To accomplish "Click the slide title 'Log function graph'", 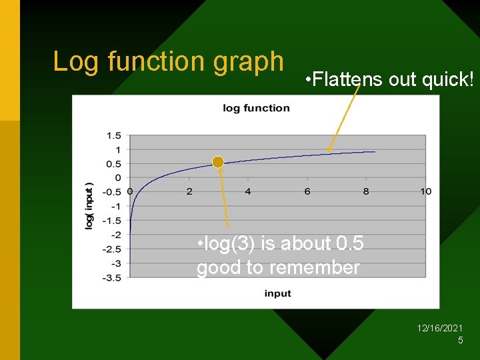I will [168, 61].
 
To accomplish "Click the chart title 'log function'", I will [256, 108].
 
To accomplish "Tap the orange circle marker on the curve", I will [218, 162].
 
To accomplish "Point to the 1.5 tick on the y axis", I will [114, 135].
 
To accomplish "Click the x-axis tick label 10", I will [426, 191].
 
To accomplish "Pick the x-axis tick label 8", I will [366, 191].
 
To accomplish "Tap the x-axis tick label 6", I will [307, 191].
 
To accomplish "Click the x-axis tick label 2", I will [189, 191].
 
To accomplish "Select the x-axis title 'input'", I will [277, 293].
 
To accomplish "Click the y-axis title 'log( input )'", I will [89, 206].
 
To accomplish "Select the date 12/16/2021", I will [440, 329].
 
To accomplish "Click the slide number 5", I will [460, 341].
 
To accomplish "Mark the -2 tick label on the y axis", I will [116, 235].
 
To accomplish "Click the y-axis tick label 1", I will [118, 149].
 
